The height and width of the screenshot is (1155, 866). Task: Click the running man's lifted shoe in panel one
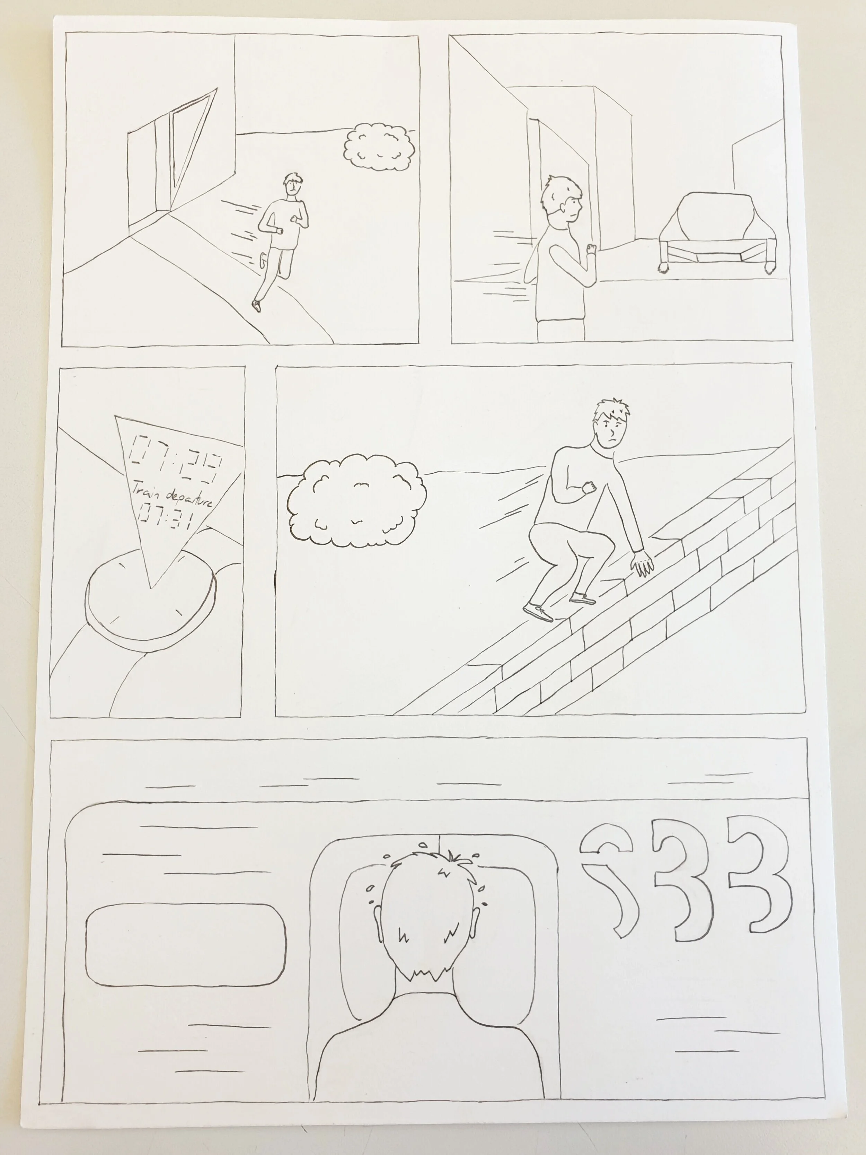[256, 305]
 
